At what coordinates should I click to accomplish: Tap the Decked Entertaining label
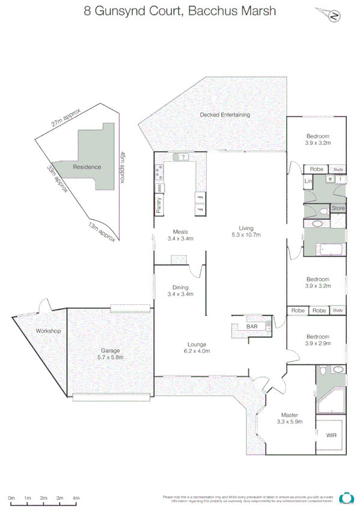(225, 115)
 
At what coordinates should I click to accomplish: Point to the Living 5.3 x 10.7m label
(246, 232)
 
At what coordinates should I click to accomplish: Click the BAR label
(252, 327)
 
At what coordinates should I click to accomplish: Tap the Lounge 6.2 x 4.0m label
(196, 347)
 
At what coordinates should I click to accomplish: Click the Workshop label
(49, 331)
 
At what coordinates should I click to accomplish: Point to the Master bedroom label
(290, 418)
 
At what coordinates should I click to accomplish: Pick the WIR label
(331, 435)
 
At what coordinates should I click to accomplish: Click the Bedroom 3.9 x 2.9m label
(318, 340)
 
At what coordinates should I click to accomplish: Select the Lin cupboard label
(309, 181)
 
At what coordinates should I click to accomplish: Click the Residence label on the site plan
(87, 167)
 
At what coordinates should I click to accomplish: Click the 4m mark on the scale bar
(76, 499)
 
